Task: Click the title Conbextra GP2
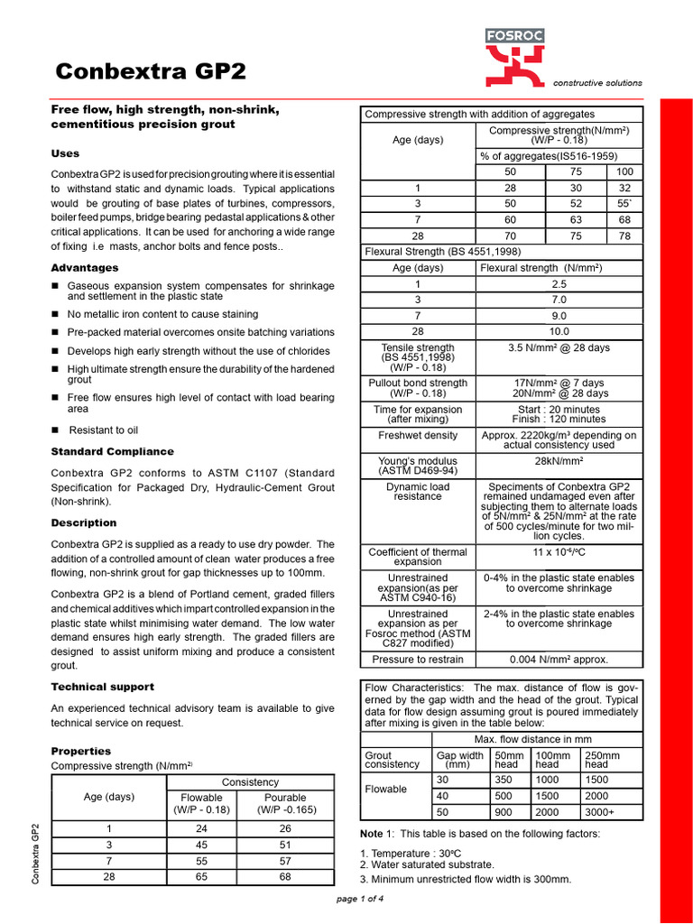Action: (x=151, y=72)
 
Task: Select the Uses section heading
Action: (x=65, y=153)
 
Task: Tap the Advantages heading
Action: (x=85, y=268)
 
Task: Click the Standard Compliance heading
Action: (x=112, y=451)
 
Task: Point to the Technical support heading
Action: (x=102, y=687)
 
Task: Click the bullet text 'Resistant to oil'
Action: (x=103, y=430)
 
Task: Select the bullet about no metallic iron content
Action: (x=162, y=314)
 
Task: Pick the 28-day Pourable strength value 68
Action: (x=284, y=876)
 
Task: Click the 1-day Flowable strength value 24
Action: (x=201, y=828)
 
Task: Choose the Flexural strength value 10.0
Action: (x=559, y=332)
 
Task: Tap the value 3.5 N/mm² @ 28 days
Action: (x=559, y=347)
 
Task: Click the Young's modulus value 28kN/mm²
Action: (x=559, y=461)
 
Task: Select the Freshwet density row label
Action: (x=418, y=435)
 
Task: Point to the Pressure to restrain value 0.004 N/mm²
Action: (x=559, y=660)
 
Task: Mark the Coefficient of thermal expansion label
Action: (x=418, y=556)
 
